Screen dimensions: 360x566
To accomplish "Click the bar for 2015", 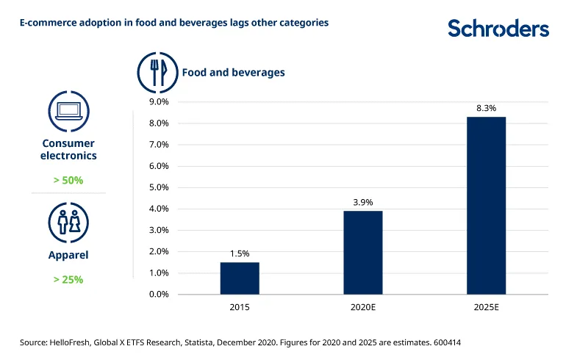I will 240,278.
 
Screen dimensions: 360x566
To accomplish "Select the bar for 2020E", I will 363,253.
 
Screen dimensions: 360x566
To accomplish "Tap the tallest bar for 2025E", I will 486,206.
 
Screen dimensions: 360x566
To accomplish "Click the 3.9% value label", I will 363,201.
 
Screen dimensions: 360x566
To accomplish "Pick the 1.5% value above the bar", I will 240,253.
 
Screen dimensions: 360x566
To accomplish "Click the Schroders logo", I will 498,29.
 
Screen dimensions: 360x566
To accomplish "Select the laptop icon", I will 68,112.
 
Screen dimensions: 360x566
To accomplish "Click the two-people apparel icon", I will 68,220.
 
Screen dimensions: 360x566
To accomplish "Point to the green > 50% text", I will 68,179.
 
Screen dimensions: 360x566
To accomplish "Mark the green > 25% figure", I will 68,279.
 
